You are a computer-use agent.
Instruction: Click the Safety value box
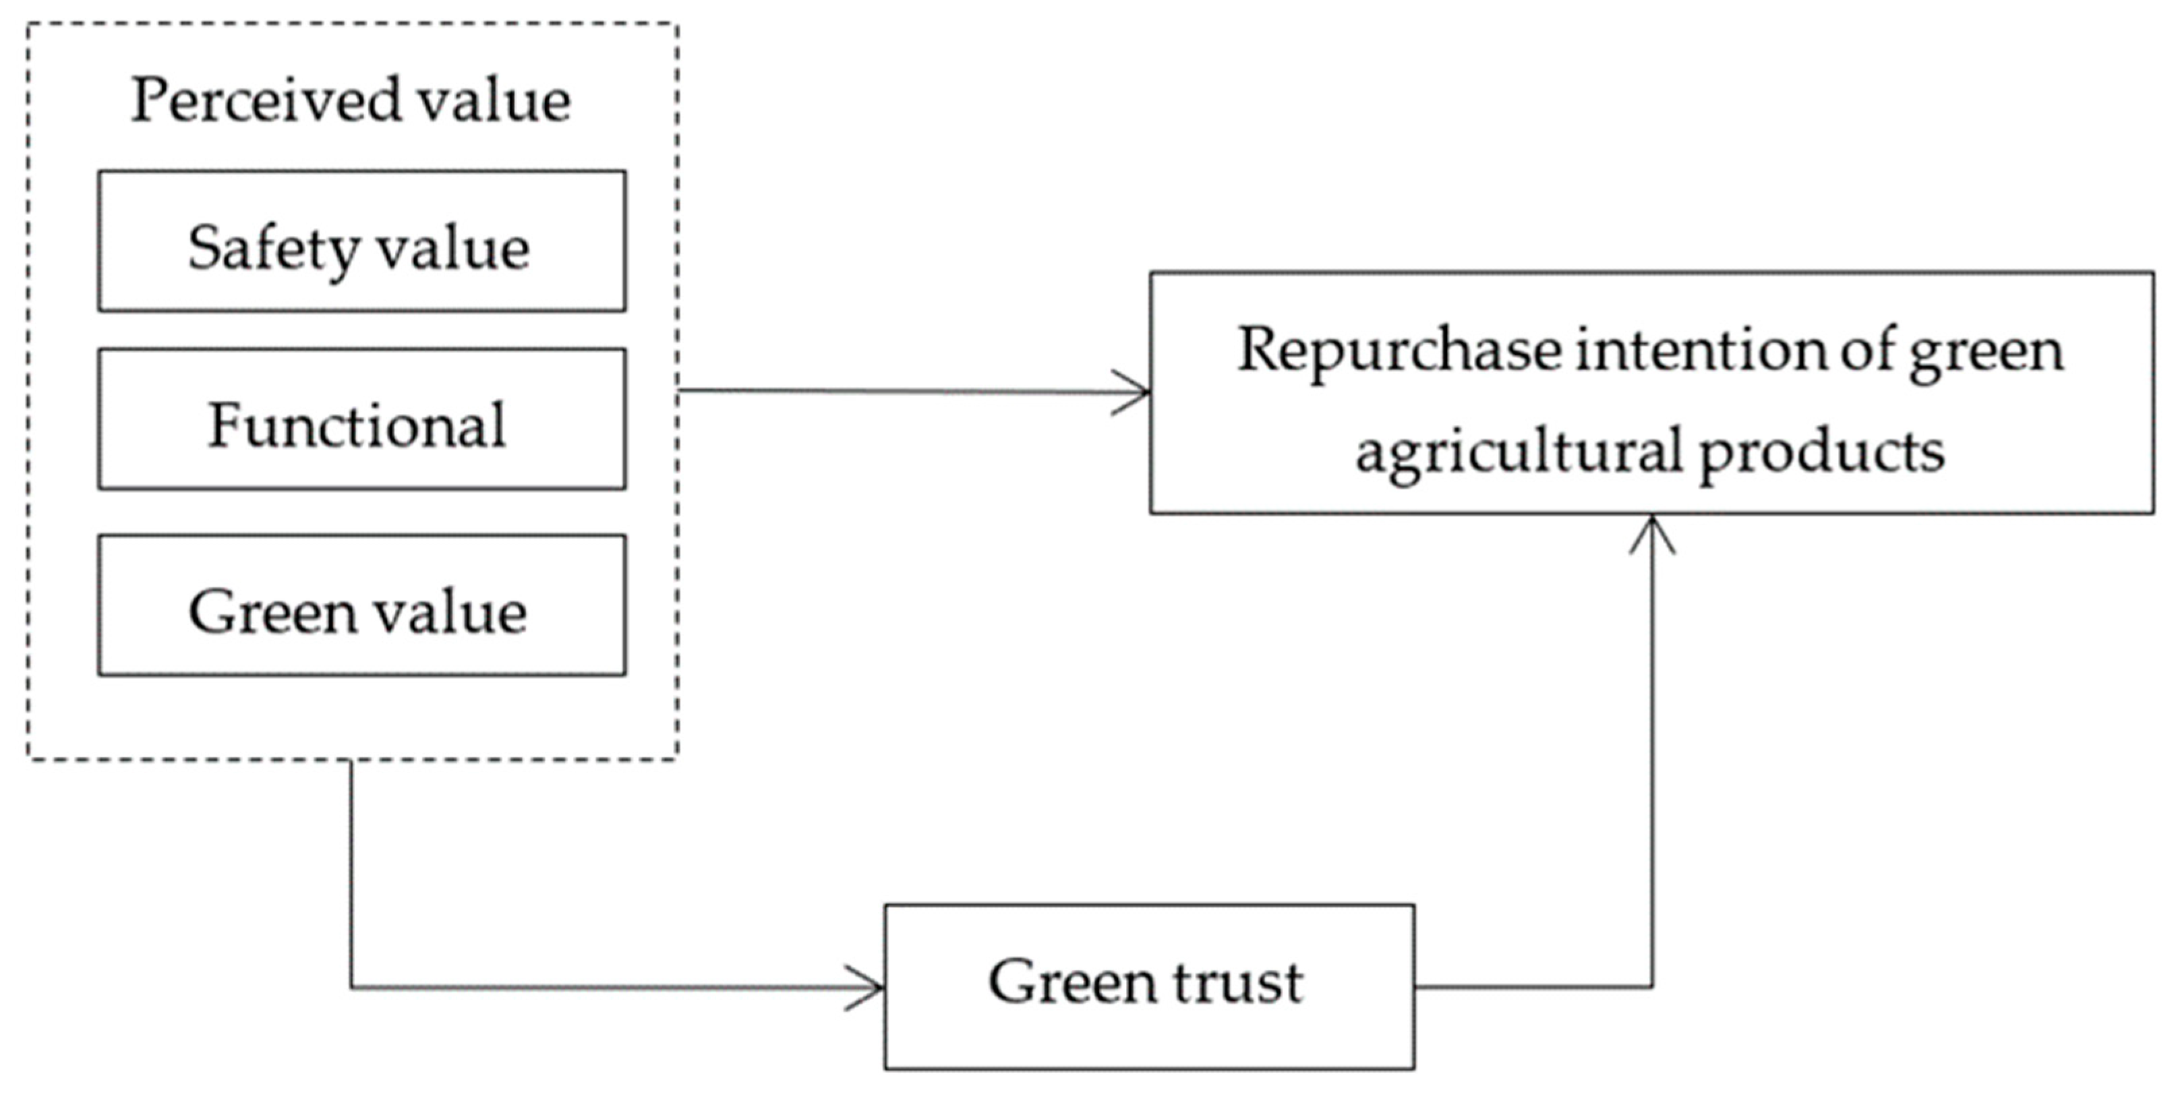tap(362, 241)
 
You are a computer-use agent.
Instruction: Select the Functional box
tap(362, 419)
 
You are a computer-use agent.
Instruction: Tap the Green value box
tap(362, 605)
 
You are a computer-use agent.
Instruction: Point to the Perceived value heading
tap(351, 100)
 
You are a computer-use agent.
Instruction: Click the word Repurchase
tap(1399, 350)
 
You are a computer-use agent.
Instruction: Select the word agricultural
tap(1519, 451)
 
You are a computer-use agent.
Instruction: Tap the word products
tap(1821, 451)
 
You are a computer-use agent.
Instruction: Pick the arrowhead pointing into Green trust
tap(871, 987)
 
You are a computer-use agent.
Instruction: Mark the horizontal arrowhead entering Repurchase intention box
tap(1137, 392)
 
